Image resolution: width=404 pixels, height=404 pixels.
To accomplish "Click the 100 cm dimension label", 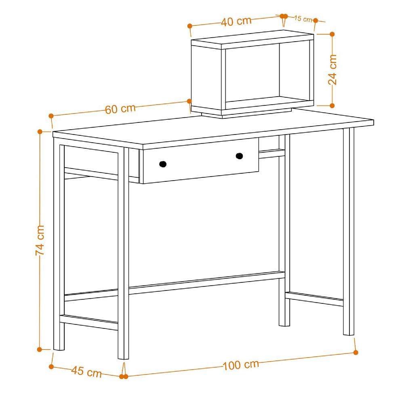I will point(240,365).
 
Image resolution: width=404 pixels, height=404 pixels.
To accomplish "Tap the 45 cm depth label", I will point(86,372).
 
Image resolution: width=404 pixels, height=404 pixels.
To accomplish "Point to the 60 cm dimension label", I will point(120,109).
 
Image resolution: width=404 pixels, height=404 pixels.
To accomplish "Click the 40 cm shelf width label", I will point(236,21).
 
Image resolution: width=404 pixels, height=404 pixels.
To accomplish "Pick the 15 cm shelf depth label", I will point(303,19).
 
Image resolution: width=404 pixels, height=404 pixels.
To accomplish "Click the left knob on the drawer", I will point(163,164).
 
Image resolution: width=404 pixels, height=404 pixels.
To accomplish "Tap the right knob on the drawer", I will point(239,156).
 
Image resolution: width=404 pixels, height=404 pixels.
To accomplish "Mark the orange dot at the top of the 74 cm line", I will point(40,132).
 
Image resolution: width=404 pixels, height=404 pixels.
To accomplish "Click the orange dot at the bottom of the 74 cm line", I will point(39,349).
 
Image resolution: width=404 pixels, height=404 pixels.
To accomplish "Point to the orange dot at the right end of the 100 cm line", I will point(356,352).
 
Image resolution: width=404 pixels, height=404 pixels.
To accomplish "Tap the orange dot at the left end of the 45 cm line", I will point(51,366).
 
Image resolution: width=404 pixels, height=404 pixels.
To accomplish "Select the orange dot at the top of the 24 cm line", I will point(332,34).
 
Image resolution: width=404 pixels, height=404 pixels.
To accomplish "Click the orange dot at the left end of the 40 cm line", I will point(190,26).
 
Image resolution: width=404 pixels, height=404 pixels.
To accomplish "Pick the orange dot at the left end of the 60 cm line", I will point(51,116).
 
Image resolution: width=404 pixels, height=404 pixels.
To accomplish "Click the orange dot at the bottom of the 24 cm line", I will point(332,105).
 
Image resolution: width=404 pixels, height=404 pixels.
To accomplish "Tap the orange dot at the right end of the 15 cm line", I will point(316,21).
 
